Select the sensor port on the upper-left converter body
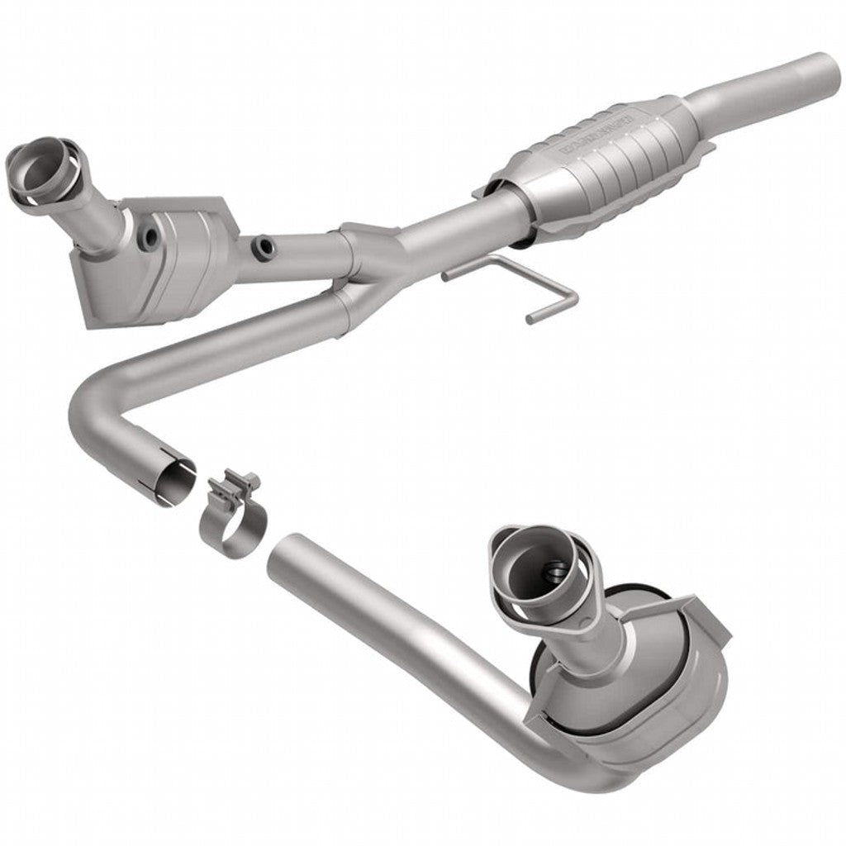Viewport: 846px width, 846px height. [150, 238]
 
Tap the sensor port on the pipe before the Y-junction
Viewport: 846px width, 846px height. [264, 246]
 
